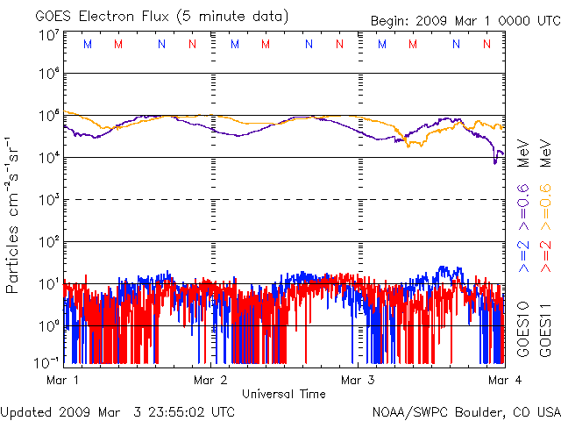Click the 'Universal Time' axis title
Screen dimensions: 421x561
tap(284, 394)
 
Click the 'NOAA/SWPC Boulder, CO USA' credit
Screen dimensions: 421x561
tap(465, 410)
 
